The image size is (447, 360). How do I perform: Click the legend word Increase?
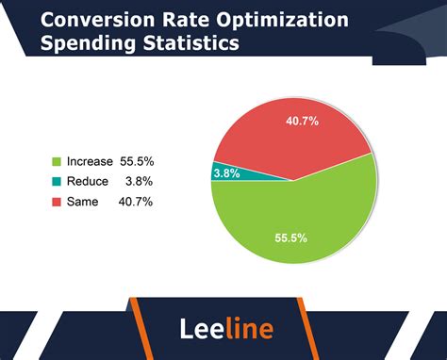[90, 161]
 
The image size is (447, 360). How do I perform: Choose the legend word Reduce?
[88, 181]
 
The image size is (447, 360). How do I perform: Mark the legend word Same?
[83, 201]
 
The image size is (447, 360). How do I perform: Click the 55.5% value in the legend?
[135, 161]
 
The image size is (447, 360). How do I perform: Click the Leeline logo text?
[226, 328]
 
